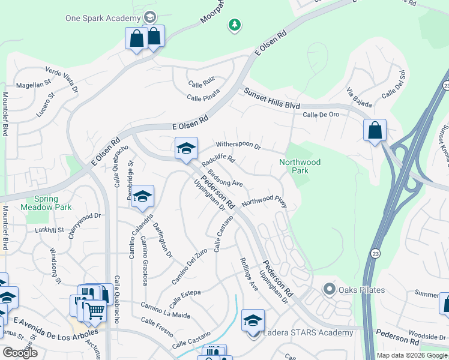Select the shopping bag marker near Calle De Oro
[x=375, y=130]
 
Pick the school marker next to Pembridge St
[x=143, y=197]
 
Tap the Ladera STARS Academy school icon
[x=253, y=320]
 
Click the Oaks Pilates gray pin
[x=329, y=290]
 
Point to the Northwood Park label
[x=300, y=166]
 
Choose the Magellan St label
[x=35, y=85]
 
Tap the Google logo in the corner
[x=20, y=353]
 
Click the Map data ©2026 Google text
[x=412, y=355]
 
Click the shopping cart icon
[x=95, y=311]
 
